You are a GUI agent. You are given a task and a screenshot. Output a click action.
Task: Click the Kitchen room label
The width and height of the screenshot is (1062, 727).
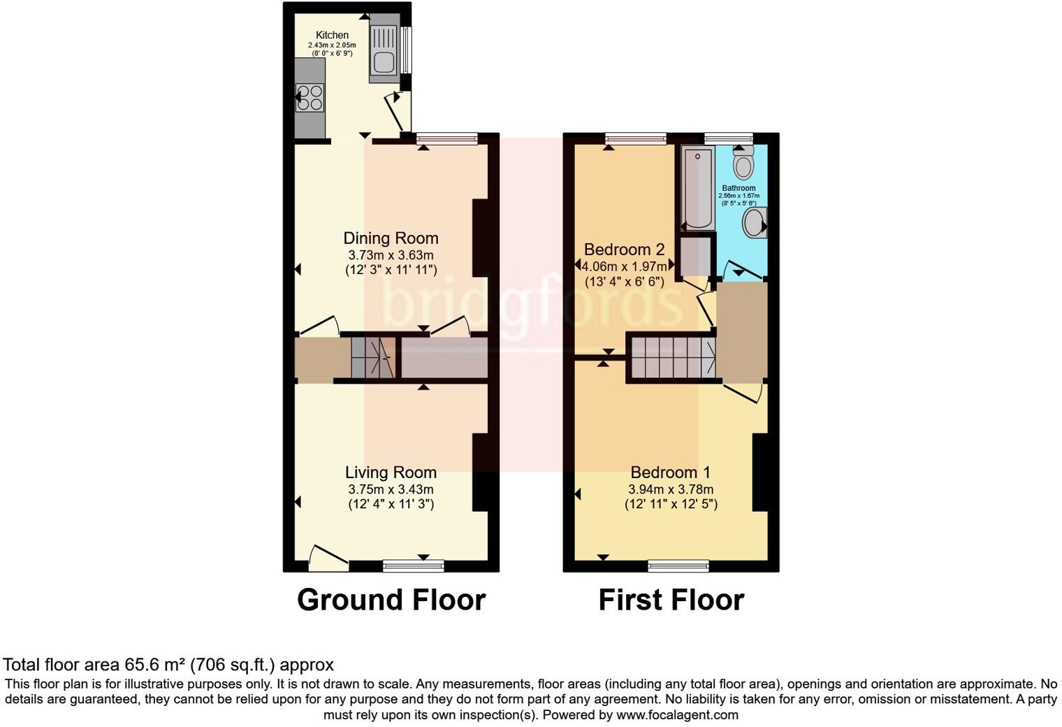pos(332,35)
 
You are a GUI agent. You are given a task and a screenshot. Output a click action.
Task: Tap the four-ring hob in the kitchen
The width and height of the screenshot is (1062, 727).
pos(310,98)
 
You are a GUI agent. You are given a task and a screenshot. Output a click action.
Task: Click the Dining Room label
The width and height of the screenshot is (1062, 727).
pos(391,238)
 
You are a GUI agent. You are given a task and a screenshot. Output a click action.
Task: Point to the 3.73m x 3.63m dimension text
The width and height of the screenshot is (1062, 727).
pos(391,255)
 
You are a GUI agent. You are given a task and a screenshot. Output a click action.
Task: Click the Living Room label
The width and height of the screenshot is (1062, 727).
pos(391,473)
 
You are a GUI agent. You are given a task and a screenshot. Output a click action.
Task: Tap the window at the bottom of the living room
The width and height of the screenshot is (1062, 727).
pos(413,565)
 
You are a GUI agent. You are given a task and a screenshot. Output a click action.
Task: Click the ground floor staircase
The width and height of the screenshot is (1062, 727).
pos(373,359)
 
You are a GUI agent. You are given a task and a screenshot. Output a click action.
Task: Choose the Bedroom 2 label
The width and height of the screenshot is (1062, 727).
pos(624,250)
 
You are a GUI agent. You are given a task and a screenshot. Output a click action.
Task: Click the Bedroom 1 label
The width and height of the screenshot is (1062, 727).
pos(671,473)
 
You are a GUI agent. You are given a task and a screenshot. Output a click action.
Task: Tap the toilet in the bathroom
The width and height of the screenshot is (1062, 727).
pos(743,164)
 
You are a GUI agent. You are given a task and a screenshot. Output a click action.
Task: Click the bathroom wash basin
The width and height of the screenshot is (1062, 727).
pos(755,223)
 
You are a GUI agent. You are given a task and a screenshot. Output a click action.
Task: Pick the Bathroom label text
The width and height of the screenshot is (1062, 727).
pos(739,188)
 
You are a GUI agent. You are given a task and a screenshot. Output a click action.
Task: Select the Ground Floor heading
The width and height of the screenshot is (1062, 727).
pos(391,600)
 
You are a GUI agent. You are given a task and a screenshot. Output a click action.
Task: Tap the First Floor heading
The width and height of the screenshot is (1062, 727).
pos(671,600)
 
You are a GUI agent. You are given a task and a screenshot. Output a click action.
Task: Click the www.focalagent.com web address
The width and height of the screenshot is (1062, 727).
pos(676,715)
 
